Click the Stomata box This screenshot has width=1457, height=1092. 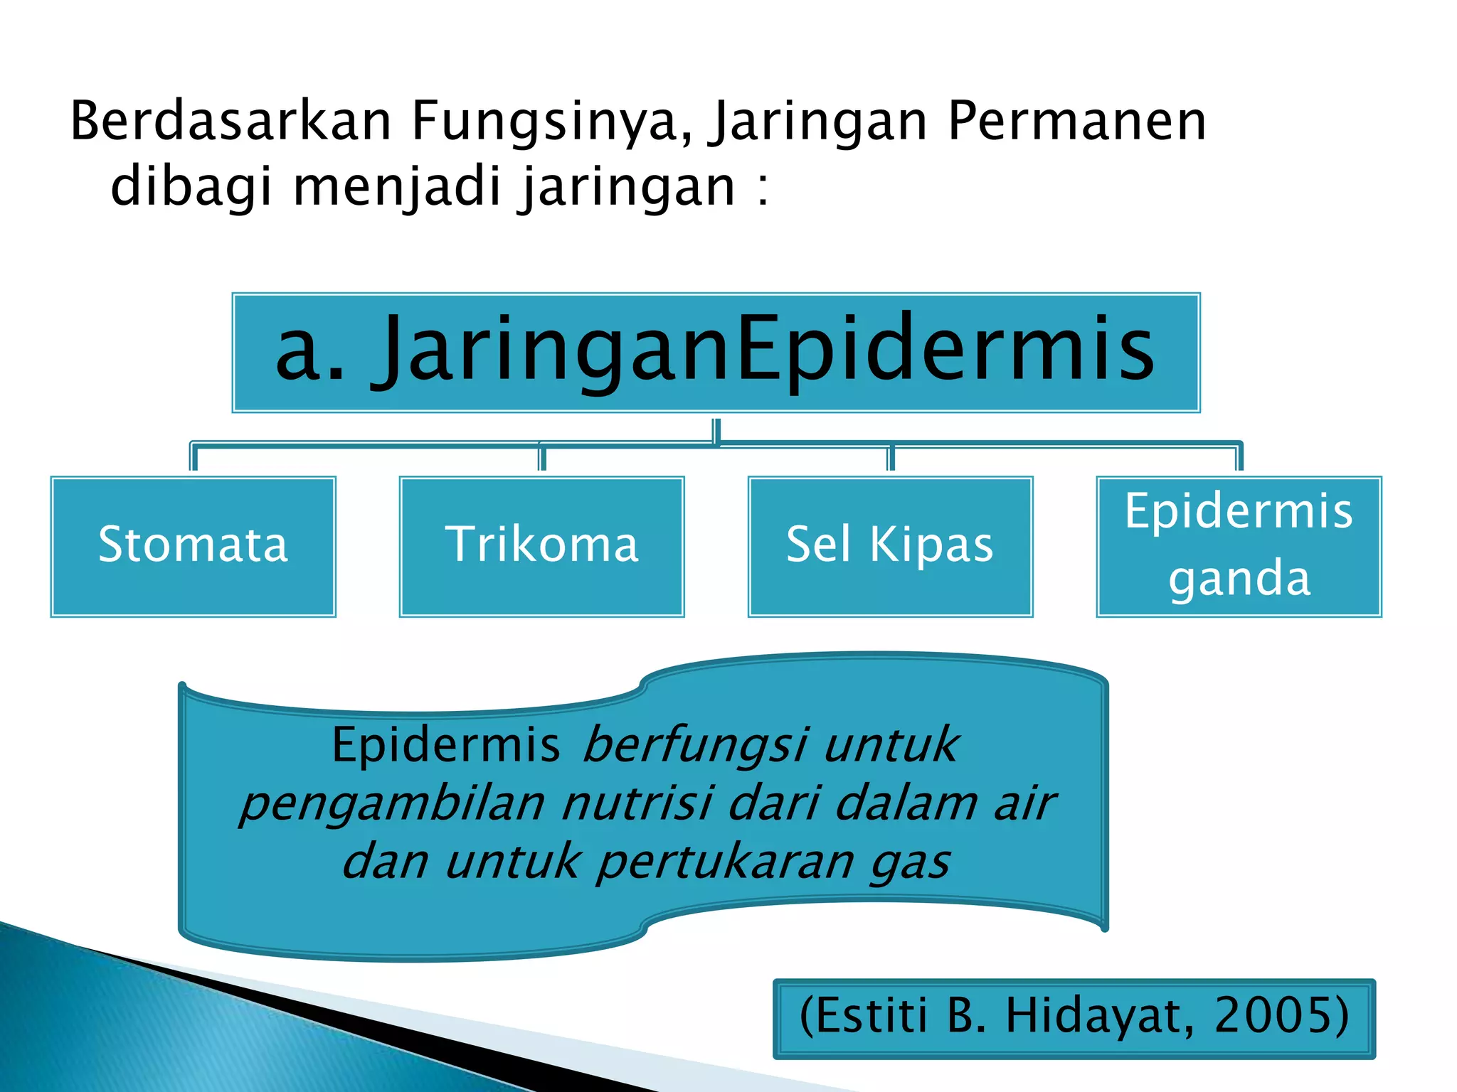click(193, 546)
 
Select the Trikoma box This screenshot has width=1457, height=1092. click(541, 546)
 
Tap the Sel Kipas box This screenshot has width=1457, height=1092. click(890, 546)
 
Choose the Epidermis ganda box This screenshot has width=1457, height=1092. click(1239, 546)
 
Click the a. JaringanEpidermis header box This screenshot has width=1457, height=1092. click(716, 353)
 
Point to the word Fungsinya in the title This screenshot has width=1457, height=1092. click(551, 121)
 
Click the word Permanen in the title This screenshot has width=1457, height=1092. click(1077, 121)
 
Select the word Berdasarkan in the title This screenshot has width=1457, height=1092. click(231, 121)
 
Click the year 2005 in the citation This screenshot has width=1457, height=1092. click(1281, 1015)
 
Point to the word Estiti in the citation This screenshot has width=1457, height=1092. click(864, 1015)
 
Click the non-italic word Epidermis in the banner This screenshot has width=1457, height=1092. click(446, 745)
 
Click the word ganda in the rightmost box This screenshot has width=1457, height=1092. click(1239, 577)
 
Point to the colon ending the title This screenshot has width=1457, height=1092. click(763, 189)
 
